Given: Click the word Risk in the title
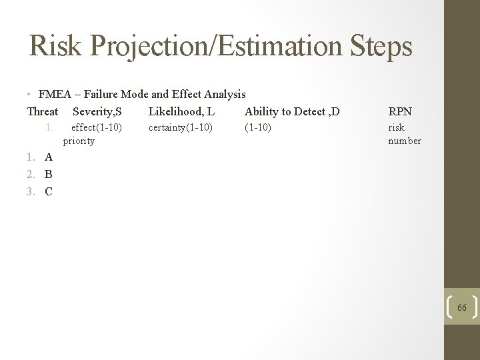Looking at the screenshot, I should click(55, 47).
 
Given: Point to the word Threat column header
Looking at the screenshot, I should click(43, 111).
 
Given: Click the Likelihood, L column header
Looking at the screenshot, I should click(181, 111).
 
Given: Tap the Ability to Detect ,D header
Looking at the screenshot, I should click(292, 111).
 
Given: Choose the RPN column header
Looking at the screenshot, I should click(400, 111).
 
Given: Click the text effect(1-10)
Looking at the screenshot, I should click(97, 127).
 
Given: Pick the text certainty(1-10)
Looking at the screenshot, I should click(181, 127).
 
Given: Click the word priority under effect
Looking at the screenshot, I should click(79, 141).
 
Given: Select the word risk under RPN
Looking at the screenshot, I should click(396, 127).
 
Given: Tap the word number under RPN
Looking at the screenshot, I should click(405, 141).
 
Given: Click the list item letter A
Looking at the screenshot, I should click(48, 157).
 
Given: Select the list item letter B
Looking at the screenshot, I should click(48, 175).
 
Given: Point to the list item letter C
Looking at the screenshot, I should click(48, 192).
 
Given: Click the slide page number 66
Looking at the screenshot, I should click(462, 307).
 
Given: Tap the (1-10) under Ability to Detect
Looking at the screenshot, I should click(258, 127).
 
